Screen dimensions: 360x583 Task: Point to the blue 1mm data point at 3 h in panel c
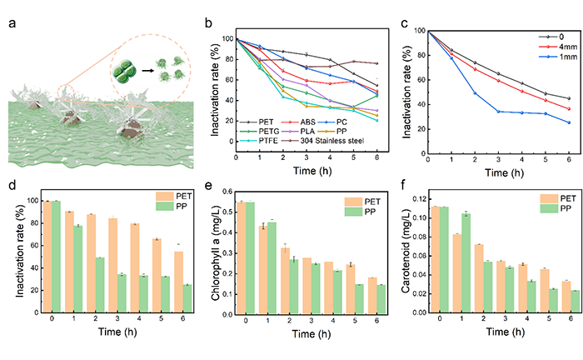(498, 111)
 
